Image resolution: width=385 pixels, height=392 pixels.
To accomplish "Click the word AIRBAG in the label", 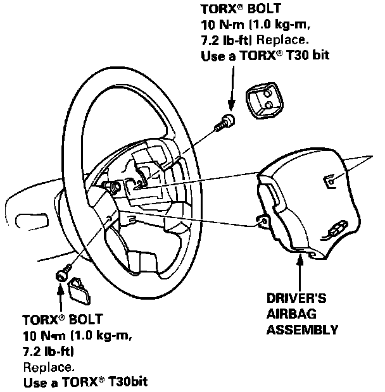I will tap(287, 314).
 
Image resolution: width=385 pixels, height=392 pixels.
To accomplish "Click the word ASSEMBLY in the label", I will tap(301, 329).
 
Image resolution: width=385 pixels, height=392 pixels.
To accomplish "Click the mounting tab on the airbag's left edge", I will tap(260, 221).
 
